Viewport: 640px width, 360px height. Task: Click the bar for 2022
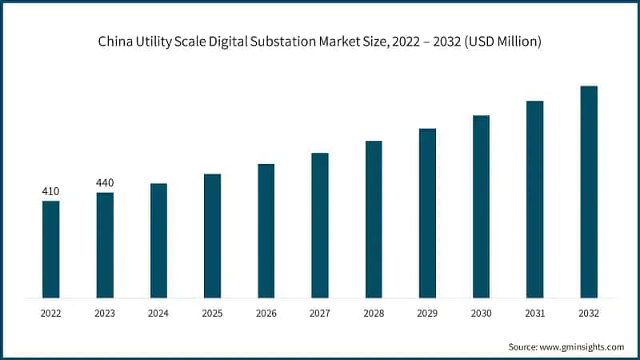(51, 250)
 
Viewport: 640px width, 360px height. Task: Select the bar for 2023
(105, 246)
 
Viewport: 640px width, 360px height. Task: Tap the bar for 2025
(212, 236)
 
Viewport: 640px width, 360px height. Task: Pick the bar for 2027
(320, 226)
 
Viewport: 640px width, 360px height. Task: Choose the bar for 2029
(427, 213)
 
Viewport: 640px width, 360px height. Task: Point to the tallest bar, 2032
(589, 192)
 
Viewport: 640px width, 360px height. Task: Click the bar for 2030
(481, 206)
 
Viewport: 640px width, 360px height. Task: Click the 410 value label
(50, 191)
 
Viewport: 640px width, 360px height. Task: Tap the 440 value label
(105, 183)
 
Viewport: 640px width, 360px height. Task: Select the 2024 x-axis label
(158, 314)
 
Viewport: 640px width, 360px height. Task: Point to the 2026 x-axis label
(266, 314)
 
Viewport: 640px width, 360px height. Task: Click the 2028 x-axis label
(374, 314)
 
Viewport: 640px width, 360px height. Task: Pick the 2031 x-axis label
(535, 314)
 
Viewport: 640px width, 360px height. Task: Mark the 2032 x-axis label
(589, 314)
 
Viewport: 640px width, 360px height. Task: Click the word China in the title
(116, 42)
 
